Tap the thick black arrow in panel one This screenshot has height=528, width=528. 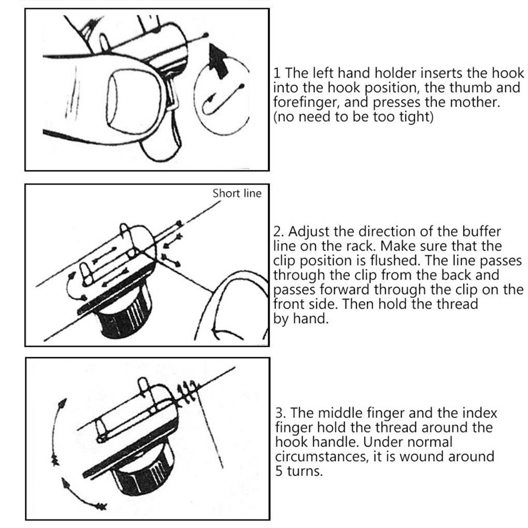(x=218, y=61)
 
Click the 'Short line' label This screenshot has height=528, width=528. (x=237, y=193)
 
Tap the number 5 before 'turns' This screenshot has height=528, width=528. (x=279, y=471)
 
